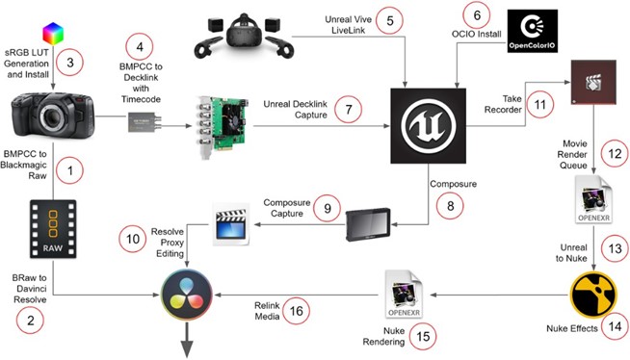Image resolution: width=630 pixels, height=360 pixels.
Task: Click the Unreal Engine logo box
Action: pos(429,126)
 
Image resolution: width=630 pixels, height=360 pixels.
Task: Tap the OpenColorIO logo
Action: pos(533,32)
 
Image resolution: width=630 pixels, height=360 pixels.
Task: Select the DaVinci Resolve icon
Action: pos(187,295)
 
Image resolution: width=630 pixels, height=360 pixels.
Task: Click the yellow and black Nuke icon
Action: pos(593,295)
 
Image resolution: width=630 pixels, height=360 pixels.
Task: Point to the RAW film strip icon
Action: pos(53,229)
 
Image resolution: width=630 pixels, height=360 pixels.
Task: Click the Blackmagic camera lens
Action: pos(53,117)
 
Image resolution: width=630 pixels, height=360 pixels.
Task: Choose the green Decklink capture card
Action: pos(223,126)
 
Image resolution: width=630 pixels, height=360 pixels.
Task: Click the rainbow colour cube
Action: pos(53,34)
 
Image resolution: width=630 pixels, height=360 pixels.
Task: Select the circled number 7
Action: pos(349,110)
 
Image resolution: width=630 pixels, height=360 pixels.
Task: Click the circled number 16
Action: pos(296,311)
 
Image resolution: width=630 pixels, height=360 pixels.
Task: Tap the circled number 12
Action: pos(615,154)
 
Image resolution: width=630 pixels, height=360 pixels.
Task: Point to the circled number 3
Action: pos(70,63)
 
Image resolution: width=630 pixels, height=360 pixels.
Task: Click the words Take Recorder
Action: pos(503,104)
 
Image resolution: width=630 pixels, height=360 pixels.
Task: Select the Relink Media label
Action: pos(267,311)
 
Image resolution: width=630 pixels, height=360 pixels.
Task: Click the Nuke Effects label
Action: pos(572,328)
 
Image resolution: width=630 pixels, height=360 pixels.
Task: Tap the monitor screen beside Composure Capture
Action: pos(368,224)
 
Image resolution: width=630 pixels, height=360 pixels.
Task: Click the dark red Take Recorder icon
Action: pos(593,82)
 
